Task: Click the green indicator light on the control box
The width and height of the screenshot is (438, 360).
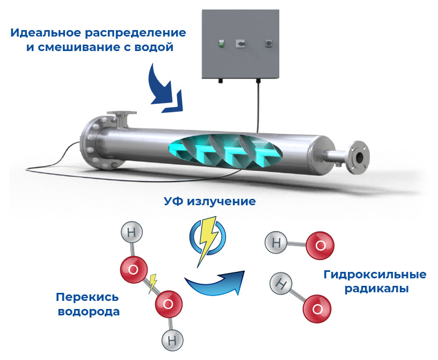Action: (x=221, y=44)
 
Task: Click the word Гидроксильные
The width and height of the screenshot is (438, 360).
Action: (x=375, y=275)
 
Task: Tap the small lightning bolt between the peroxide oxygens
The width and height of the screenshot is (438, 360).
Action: (x=152, y=281)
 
